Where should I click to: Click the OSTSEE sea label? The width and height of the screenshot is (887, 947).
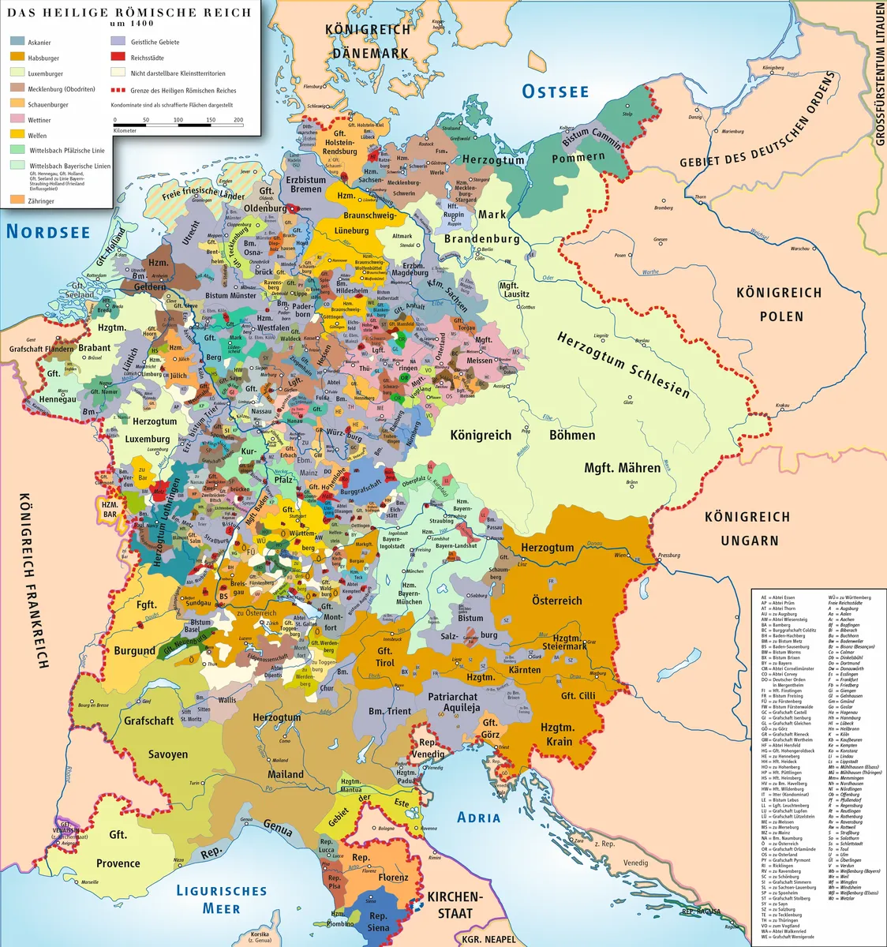556,92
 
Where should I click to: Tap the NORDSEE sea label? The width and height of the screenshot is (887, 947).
48,231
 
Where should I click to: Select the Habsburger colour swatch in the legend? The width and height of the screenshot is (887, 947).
17,58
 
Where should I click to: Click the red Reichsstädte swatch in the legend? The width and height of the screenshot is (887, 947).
118,58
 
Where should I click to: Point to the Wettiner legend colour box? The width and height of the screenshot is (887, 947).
17,119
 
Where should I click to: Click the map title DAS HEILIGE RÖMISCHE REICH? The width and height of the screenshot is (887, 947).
129,13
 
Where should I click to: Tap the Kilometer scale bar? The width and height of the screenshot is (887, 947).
178,125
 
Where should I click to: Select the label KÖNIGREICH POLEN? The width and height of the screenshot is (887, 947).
779,304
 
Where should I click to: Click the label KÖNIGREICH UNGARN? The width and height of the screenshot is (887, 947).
747,528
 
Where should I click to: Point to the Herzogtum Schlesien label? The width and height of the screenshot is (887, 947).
623,364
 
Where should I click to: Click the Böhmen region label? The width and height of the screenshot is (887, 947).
572,435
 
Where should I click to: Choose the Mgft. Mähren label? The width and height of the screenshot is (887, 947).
622,468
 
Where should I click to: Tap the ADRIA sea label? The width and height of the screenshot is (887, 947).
479,817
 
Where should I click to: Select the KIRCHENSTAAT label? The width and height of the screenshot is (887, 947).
455,904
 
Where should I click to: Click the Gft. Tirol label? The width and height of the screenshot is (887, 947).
384,657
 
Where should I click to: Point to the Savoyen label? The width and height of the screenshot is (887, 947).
168,754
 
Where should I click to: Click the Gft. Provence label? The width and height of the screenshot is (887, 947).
118,849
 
